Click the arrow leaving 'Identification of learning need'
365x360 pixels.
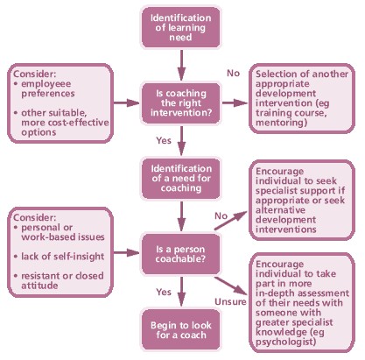click(179, 61)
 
